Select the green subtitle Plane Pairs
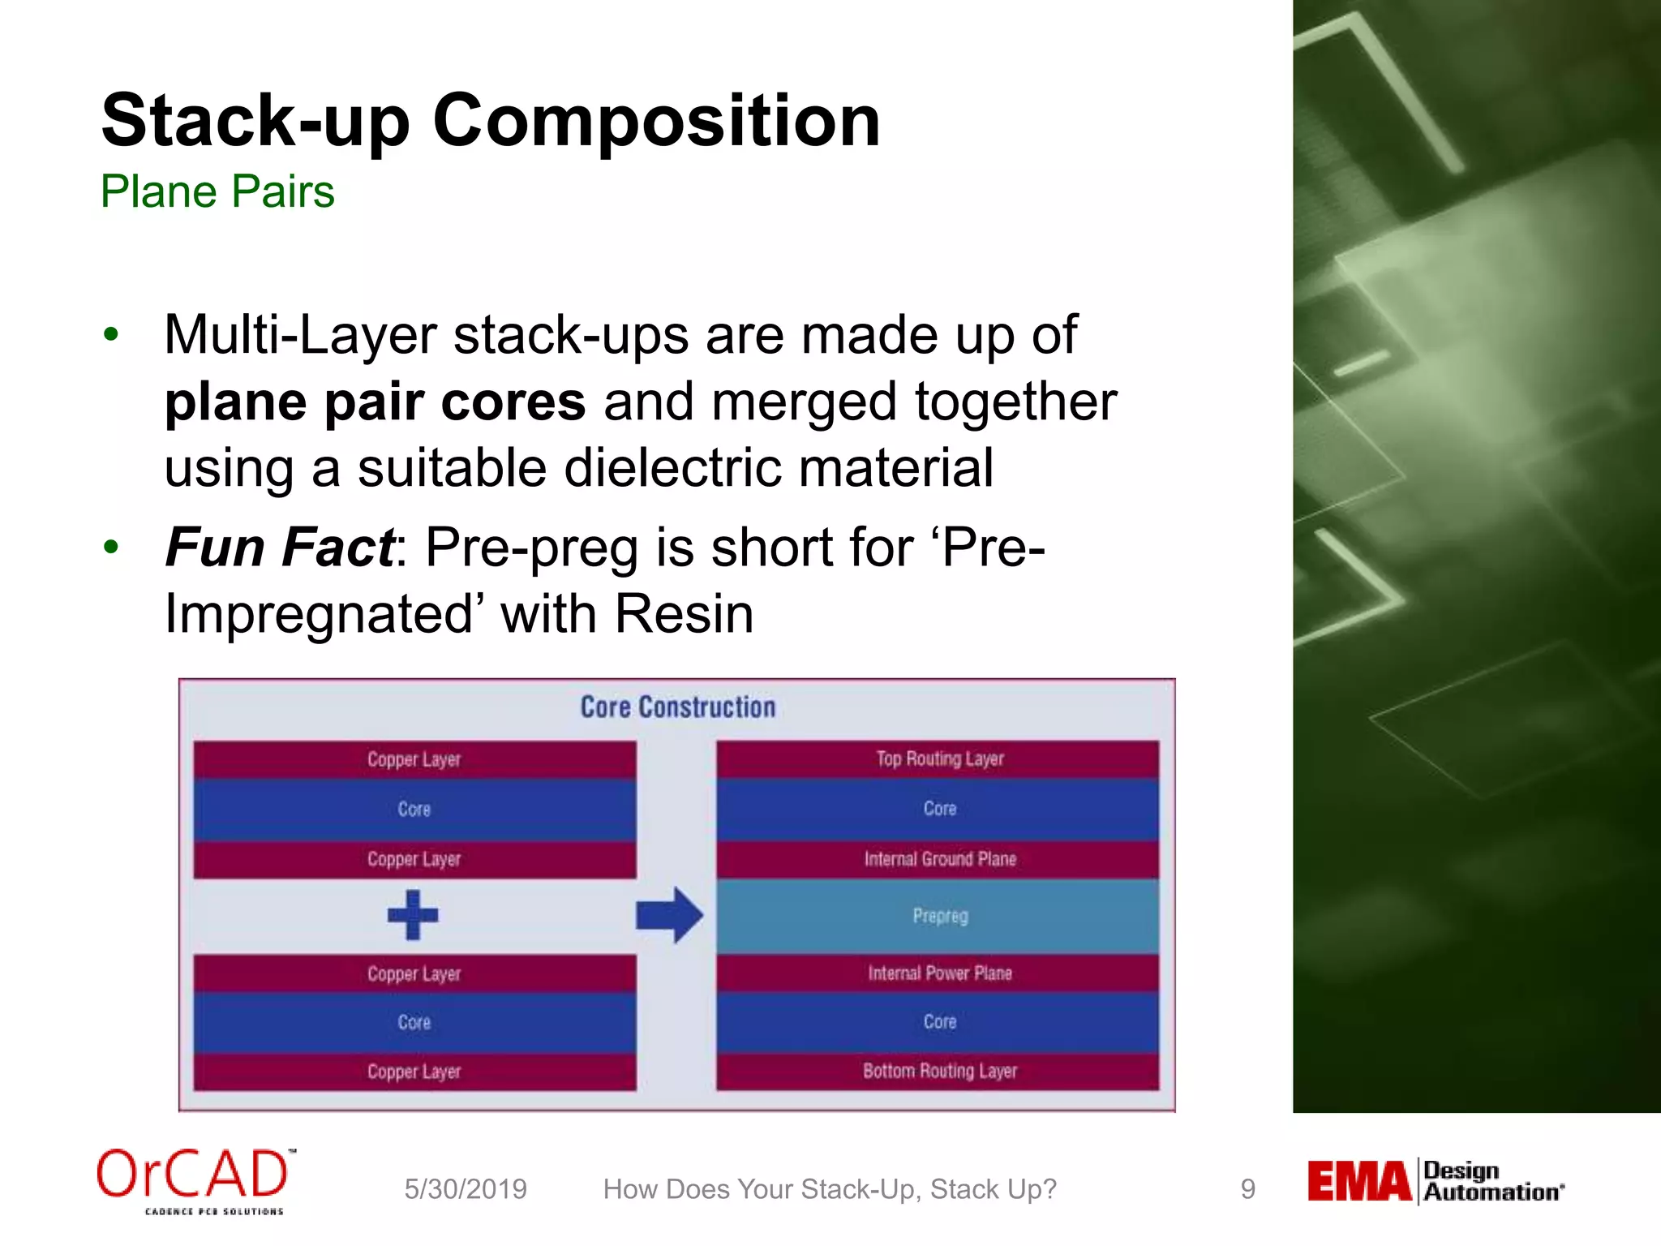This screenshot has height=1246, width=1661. point(217,192)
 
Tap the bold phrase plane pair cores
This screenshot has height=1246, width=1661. point(375,402)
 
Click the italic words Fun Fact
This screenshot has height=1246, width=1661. point(280,548)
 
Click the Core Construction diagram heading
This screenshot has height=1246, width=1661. point(677,707)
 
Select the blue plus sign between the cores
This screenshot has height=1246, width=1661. point(413,915)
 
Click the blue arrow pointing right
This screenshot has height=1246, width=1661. point(669,915)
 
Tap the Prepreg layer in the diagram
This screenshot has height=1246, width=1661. point(938,917)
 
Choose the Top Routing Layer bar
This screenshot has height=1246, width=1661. point(938,759)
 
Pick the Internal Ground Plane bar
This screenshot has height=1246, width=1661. point(938,860)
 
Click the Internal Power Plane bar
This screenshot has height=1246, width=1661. point(938,973)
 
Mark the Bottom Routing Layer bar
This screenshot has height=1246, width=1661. point(938,1072)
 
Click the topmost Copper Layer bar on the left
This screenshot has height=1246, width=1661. point(414,760)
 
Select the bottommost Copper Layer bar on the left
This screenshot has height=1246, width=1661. point(414,1072)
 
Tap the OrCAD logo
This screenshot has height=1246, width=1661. point(195,1178)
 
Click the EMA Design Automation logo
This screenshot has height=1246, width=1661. point(1434,1182)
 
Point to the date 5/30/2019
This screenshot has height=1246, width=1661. point(466,1189)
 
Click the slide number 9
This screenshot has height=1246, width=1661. point(1247,1189)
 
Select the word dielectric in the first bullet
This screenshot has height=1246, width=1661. point(675,469)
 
